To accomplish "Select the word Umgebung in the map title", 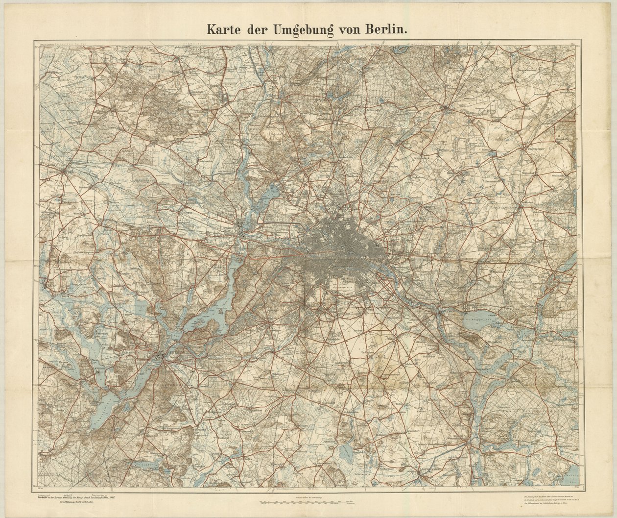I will (x=297, y=29).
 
